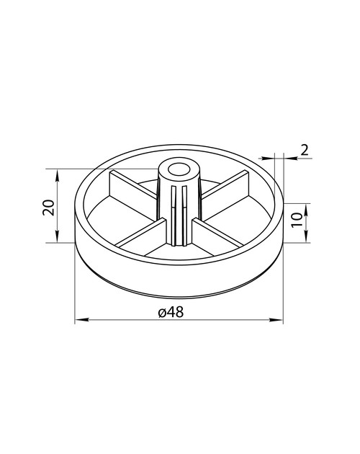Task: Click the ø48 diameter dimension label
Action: [171, 312]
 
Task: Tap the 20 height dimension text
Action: [49, 208]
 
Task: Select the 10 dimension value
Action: [297, 220]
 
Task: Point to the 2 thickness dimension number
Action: [305, 151]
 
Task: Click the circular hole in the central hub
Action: [179, 169]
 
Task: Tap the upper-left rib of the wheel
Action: [132, 192]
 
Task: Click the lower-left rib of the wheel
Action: [142, 233]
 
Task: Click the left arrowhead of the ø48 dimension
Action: [81, 320]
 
